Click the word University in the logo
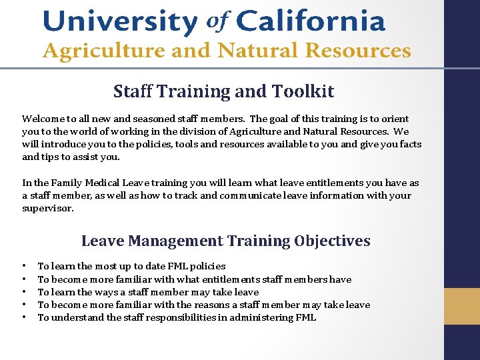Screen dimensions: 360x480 (x=120, y=22)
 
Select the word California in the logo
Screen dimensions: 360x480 (x=310, y=22)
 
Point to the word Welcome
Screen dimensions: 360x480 (x=43, y=119)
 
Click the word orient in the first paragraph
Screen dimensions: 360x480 (x=407, y=119)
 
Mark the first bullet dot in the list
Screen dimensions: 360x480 (x=24, y=267)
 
